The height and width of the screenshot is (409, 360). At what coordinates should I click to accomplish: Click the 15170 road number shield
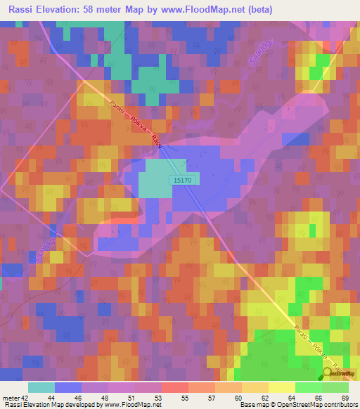click(185, 181)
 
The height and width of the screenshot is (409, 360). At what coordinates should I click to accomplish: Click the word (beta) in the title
click(255, 10)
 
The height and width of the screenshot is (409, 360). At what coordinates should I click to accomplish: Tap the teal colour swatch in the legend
click(41, 387)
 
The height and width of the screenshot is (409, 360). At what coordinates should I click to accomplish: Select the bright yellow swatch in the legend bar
click(281, 387)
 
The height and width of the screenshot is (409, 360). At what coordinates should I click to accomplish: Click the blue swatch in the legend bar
click(68, 387)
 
